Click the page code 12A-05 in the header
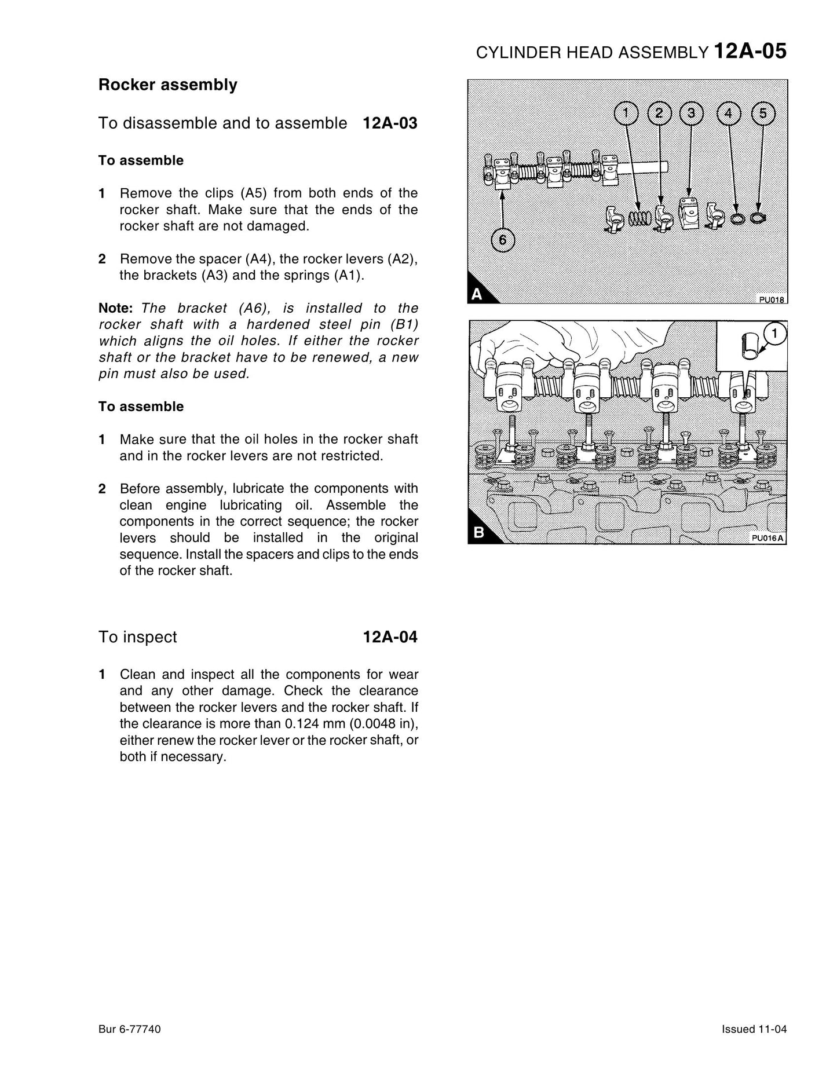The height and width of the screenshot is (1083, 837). point(750,52)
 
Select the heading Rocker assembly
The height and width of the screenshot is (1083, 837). point(168,85)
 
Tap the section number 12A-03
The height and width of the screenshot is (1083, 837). point(390,123)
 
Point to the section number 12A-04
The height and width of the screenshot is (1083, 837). point(390,637)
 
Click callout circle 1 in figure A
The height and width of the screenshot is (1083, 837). point(626,114)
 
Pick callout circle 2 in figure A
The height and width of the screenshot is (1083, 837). point(659,114)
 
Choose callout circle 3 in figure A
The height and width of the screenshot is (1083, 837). point(691,114)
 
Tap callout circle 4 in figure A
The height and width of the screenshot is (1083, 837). point(728,114)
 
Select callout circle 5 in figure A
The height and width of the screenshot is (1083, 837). point(762,114)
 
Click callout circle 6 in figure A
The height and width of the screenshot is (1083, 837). point(503,240)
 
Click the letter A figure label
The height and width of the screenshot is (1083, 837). point(477,294)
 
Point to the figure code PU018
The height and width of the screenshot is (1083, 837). point(772,299)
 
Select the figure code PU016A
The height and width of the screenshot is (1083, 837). point(767,538)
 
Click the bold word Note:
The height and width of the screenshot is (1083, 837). point(116,308)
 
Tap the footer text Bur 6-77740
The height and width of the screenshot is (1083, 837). point(130,1029)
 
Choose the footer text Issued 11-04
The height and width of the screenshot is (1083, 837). point(754,1029)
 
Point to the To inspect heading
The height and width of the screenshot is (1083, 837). point(138,637)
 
